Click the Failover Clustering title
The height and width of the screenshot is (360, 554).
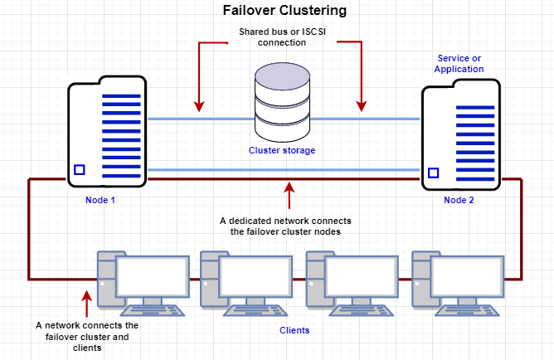pyautogui.click(x=284, y=12)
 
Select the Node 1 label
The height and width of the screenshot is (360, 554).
pyautogui.click(x=100, y=200)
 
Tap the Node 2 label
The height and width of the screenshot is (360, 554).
pyautogui.click(x=459, y=200)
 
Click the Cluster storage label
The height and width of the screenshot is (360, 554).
pyautogui.click(x=282, y=151)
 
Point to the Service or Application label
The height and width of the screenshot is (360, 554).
pyautogui.click(x=459, y=64)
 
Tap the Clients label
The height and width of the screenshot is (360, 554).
pyautogui.click(x=294, y=330)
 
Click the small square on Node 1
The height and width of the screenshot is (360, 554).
pyautogui.click(x=80, y=169)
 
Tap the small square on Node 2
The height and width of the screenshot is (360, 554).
pyautogui.click(x=433, y=173)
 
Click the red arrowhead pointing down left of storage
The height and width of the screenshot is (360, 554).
pyautogui.click(x=198, y=105)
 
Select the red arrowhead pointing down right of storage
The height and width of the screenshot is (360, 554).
pyautogui.click(x=361, y=105)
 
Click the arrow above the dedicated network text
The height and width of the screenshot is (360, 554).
pyautogui.click(x=289, y=194)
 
